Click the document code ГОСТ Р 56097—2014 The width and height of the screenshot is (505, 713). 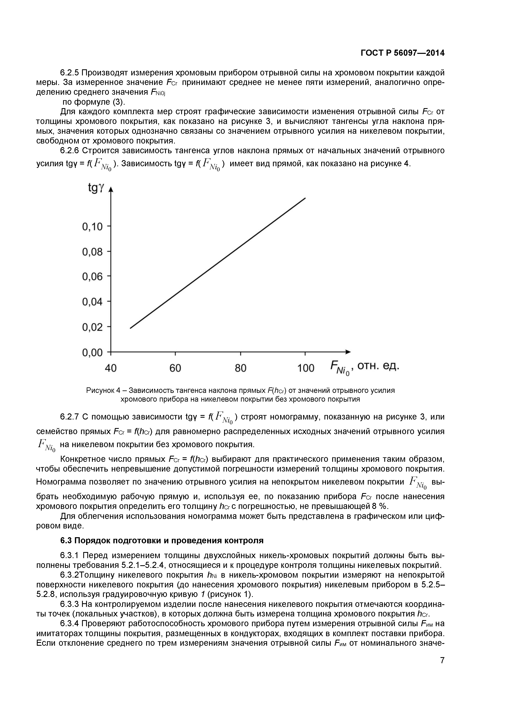tap(402, 53)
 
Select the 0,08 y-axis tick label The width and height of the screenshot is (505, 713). tap(92, 252)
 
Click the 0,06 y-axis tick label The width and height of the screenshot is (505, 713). tap(92, 276)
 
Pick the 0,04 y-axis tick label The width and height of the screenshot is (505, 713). tap(92, 302)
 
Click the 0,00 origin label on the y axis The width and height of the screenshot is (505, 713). tap(92, 352)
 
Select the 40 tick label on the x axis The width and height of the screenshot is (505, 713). tap(111, 368)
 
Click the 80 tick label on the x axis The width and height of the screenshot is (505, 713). tap(240, 368)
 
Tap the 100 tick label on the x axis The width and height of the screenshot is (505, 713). tap(306, 368)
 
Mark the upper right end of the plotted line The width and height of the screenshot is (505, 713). tap(305, 198)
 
